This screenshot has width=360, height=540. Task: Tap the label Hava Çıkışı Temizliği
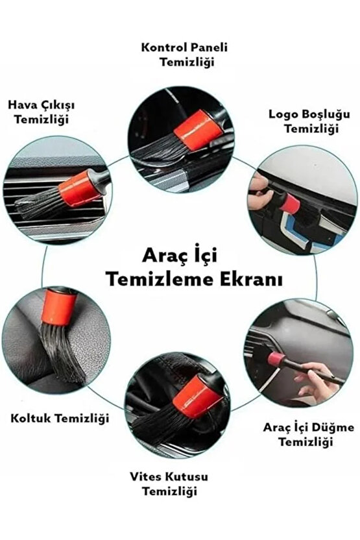(x=38, y=112)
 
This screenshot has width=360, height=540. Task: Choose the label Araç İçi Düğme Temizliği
(x=308, y=434)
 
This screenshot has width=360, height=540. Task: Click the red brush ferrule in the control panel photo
(x=193, y=129)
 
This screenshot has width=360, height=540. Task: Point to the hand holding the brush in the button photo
(x=318, y=388)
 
